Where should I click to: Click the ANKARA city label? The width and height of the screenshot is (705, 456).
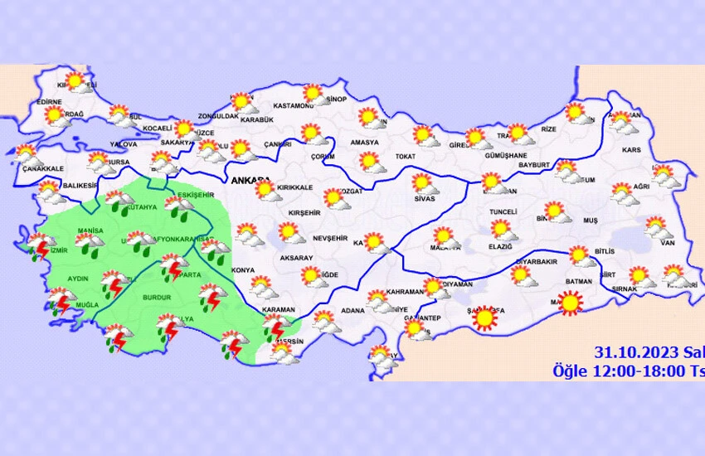click(249, 180)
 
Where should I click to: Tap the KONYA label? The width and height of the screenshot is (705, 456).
click(244, 270)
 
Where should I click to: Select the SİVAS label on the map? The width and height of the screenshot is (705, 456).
click(424, 199)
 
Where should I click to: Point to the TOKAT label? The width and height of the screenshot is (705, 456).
click(406, 156)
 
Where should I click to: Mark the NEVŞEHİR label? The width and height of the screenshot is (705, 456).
click(329, 238)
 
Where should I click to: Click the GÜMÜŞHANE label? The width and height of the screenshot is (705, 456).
click(505, 156)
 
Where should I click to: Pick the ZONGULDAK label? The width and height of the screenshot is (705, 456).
click(218, 117)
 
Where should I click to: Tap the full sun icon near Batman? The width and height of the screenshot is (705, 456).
click(571, 304)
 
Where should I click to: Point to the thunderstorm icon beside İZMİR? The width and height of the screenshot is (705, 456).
click(38, 246)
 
